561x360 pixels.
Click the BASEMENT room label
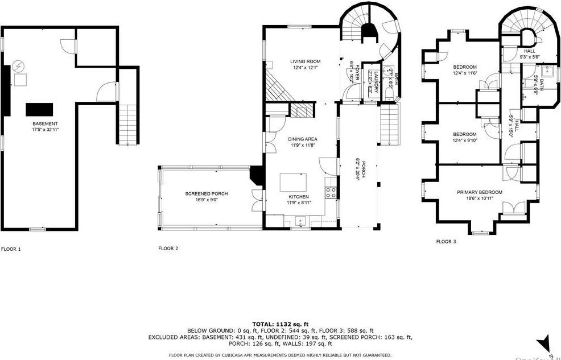[45, 124]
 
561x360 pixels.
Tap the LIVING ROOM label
[306, 61]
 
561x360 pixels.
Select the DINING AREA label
[302, 139]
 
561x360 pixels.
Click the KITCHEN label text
[298, 197]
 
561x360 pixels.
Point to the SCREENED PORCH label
[206, 194]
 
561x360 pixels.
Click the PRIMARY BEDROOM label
[479, 192]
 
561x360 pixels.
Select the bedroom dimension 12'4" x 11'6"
[464, 73]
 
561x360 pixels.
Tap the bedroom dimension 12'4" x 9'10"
[464, 141]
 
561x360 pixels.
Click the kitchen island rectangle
[293, 183]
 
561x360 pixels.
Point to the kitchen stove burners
[331, 192]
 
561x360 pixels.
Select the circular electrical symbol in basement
[19, 66]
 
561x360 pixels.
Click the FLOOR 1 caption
[11, 249]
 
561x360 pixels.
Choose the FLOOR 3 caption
[446, 242]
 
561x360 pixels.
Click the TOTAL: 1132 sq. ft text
[280, 324]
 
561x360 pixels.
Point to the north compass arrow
[544, 343]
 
